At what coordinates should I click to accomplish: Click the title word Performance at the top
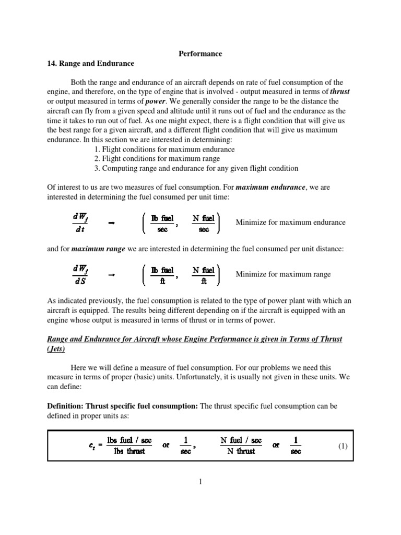click(201, 53)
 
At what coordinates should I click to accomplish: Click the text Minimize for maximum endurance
click(290, 222)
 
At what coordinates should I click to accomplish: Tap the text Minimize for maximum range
click(283, 275)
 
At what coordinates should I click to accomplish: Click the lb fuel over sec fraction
click(162, 222)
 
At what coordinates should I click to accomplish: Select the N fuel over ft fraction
click(203, 275)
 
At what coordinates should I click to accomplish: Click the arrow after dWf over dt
click(111, 223)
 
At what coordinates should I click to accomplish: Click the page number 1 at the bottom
click(200, 482)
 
